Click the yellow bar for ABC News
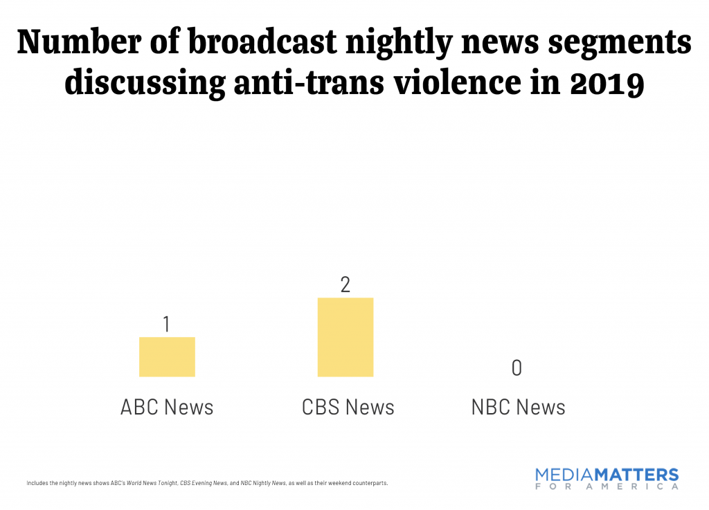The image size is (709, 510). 167,357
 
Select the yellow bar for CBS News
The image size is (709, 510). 345,338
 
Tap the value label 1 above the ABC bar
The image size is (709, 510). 167,324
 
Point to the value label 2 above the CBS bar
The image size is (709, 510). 345,284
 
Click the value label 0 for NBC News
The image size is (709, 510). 517,368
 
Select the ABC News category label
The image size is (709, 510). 167,407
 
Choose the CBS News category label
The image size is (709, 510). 348,407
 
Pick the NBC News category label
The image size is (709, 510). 518,407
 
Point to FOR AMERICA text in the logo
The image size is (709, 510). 607,487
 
